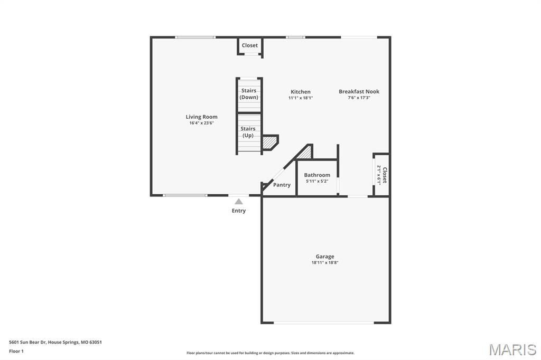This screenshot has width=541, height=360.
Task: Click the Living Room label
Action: tap(201, 117)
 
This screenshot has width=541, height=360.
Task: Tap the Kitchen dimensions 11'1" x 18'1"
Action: tap(301, 98)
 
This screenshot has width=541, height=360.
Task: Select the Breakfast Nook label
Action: tap(359, 91)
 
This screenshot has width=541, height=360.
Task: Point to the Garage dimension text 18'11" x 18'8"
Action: tap(325, 262)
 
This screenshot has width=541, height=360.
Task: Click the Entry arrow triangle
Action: tap(239, 201)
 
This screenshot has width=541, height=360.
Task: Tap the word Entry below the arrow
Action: tap(239, 211)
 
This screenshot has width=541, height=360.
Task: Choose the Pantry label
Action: tap(282, 185)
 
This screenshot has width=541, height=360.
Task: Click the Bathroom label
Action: tap(317, 175)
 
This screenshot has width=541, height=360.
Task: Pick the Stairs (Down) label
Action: tap(249, 94)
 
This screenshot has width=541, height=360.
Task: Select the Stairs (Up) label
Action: tap(248, 132)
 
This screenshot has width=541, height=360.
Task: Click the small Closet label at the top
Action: tap(250, 45)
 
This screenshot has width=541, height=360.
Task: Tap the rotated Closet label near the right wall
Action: tap(385, 175)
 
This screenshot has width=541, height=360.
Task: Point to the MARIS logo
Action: tap(512, 349)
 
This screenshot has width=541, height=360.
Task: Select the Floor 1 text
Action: tap(16, 351)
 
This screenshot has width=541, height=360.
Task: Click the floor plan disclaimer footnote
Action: tap(270, 353)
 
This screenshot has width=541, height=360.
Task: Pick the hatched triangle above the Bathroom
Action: tap(305, 153)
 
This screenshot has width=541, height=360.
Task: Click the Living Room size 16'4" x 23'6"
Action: tap(201, 123)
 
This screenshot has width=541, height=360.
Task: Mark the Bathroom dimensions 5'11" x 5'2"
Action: tap(317, 181)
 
